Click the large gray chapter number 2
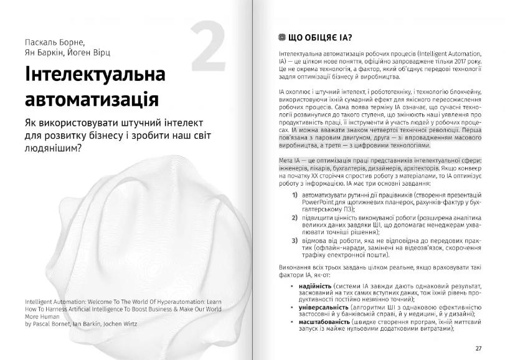click(208, 47)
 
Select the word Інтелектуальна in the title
click(95, 75)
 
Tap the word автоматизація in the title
click(90, 100)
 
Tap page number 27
click(478, 348)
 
